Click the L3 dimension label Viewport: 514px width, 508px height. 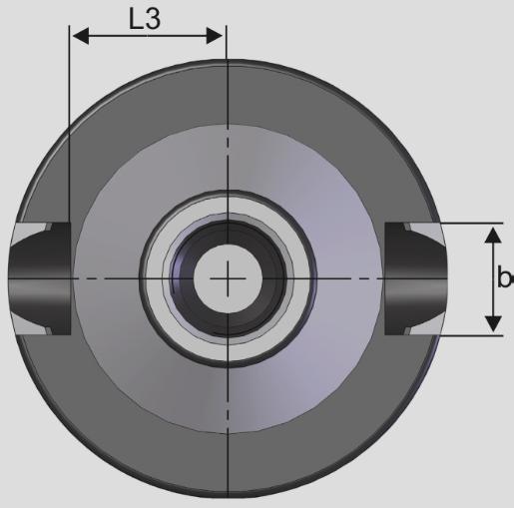click(x=145, y=19)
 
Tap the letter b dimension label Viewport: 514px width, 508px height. click(x=505, y=276)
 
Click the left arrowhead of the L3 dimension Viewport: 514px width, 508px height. click(x=81, y=36)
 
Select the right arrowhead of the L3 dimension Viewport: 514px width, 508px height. click(x=215, y=36)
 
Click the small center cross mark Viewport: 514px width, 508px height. click(x=228, y=278)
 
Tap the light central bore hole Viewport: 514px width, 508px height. click(x=228, y=278)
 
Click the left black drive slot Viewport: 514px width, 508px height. click(x=40, y=278)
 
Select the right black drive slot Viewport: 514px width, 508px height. click(x=416, y=278)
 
